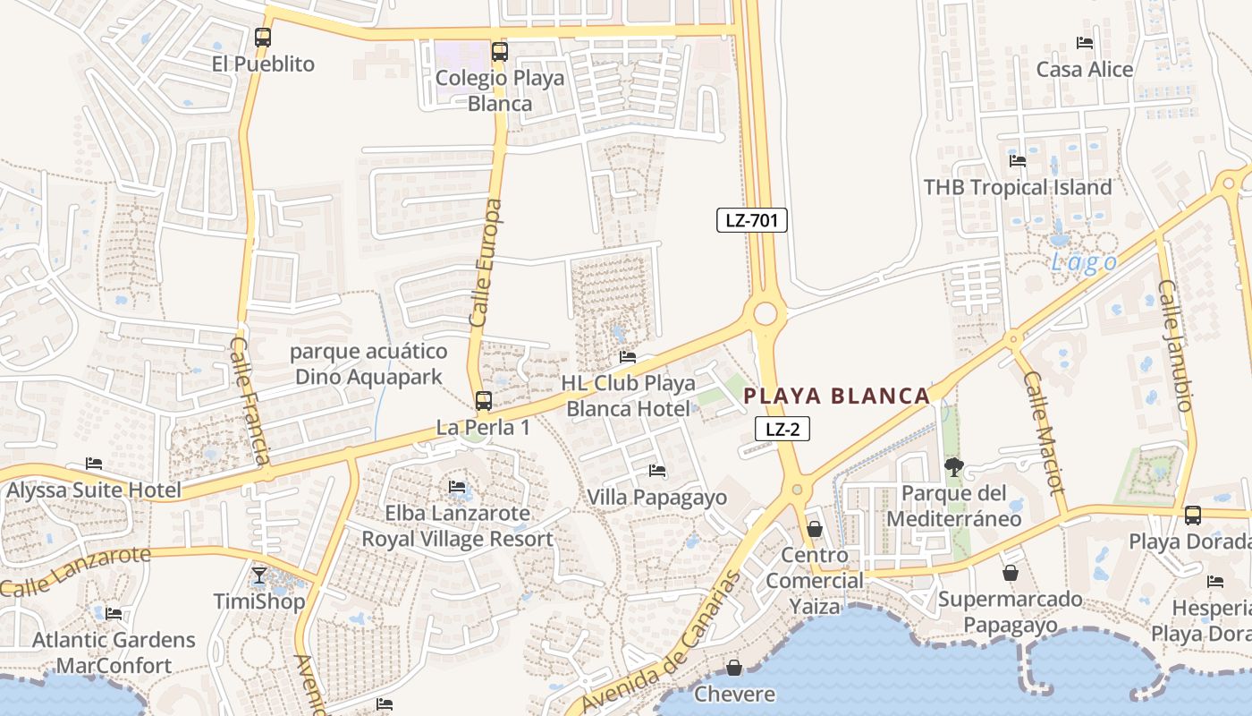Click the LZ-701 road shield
751,220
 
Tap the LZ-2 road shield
782,430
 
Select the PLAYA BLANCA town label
837,396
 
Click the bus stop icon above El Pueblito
262,38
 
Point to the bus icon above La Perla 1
483,401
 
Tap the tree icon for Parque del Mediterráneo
954,466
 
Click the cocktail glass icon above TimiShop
259,575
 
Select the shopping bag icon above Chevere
734,668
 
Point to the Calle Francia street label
250,400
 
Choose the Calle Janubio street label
1176,345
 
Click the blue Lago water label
1084,262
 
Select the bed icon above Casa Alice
1085,43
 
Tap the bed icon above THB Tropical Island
1018,161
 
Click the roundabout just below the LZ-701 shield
766,314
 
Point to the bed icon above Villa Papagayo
657,471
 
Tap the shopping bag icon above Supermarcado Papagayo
1011,573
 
